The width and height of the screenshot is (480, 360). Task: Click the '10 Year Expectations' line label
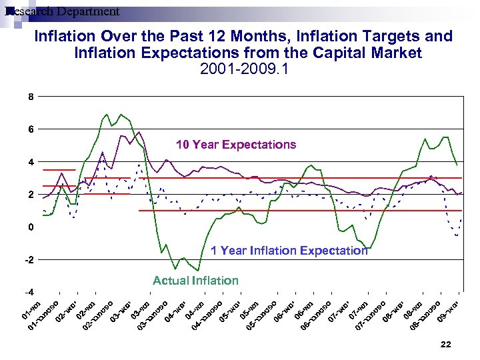pyautogui.click(x=235, y=145)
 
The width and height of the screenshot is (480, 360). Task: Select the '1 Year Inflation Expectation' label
pyautogui.click(x=289, y=251)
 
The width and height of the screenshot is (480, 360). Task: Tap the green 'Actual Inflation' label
pyautogui.click(x=195, y=281)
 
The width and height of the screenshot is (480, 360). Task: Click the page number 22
pyautogui.click(x=446, y=344)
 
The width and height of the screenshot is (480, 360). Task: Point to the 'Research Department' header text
pyautogui.click(x=61, y=11)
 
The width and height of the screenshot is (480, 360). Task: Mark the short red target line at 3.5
pyautogui.click(x=59, y=170)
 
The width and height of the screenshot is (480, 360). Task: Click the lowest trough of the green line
pyautogui.click(x=198, y=270)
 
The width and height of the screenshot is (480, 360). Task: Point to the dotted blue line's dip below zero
pyautogui.click(x=456, y=235)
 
